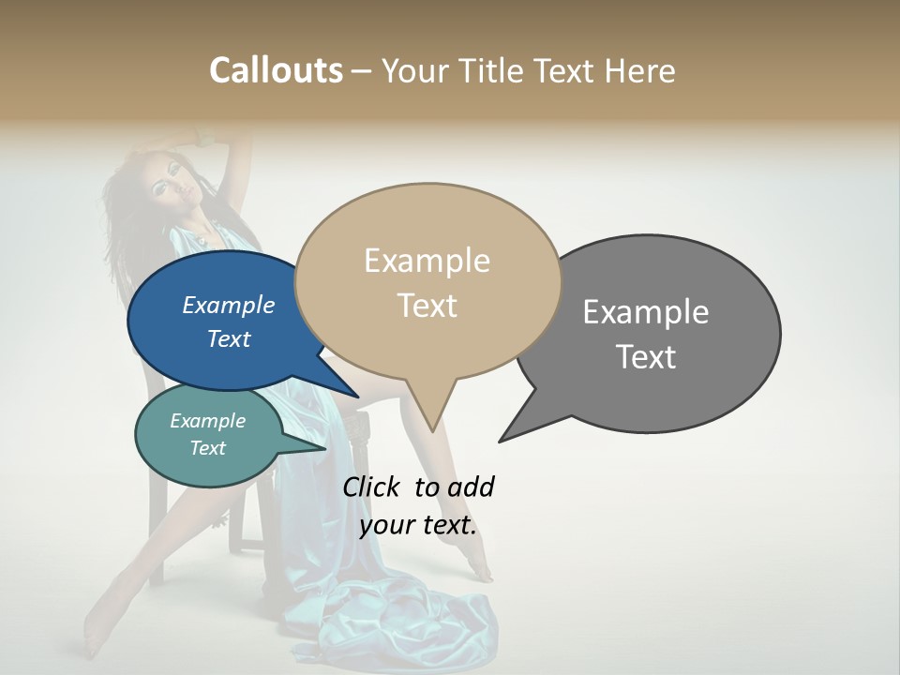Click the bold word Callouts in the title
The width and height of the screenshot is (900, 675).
pyautogui.click(x=276, y=70)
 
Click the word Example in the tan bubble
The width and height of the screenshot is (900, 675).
pyautogui.click(x=427, y=261)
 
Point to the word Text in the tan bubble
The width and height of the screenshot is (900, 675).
pyautogui.click(x=427, y=305)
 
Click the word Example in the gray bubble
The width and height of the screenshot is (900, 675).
pyautogui.click(x=646, y=312)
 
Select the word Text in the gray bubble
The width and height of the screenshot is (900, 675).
pyautogui.click(x=646, y=356)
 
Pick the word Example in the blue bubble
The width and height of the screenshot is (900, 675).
pyautogui.click(x=229, y=305)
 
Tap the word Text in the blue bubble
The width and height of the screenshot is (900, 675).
pyautogui.click(x=229, y=338)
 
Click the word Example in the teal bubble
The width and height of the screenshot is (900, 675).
pyautogui.click(x=208, y=421)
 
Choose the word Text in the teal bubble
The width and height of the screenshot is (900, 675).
pyautogui.click(x=208, y=448)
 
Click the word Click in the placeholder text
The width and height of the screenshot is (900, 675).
pyautogui.click(x=373, y=487)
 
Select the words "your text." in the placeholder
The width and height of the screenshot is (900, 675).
pyautogui.click(x=418, y=525)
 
